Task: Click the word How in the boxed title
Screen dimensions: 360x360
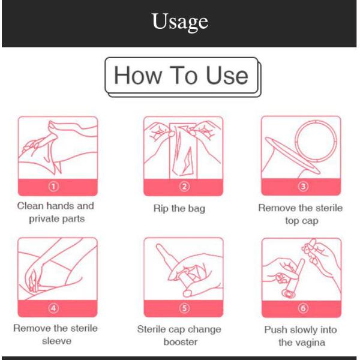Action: coord(138,76)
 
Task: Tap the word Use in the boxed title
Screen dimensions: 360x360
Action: coord(227,76)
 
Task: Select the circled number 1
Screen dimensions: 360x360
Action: coord(53,187)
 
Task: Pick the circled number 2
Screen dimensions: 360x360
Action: coord(184,187)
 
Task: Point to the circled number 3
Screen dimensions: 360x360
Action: coord(303,186)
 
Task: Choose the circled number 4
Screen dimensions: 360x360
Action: coord(53,308)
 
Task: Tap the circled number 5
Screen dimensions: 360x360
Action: coord(184,308)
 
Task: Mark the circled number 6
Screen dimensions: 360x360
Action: coord(303,308)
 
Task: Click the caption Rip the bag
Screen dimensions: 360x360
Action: coord(179,208)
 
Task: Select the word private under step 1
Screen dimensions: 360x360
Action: coord(43,219)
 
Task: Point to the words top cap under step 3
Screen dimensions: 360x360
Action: coord(302,221)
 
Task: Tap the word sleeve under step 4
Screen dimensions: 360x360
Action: coord(57,341)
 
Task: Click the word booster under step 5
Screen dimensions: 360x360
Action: coord(181,342)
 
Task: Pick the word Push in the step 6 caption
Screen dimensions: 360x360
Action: coord(276,329)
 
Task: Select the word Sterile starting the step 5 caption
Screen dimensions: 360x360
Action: coord(151,329)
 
